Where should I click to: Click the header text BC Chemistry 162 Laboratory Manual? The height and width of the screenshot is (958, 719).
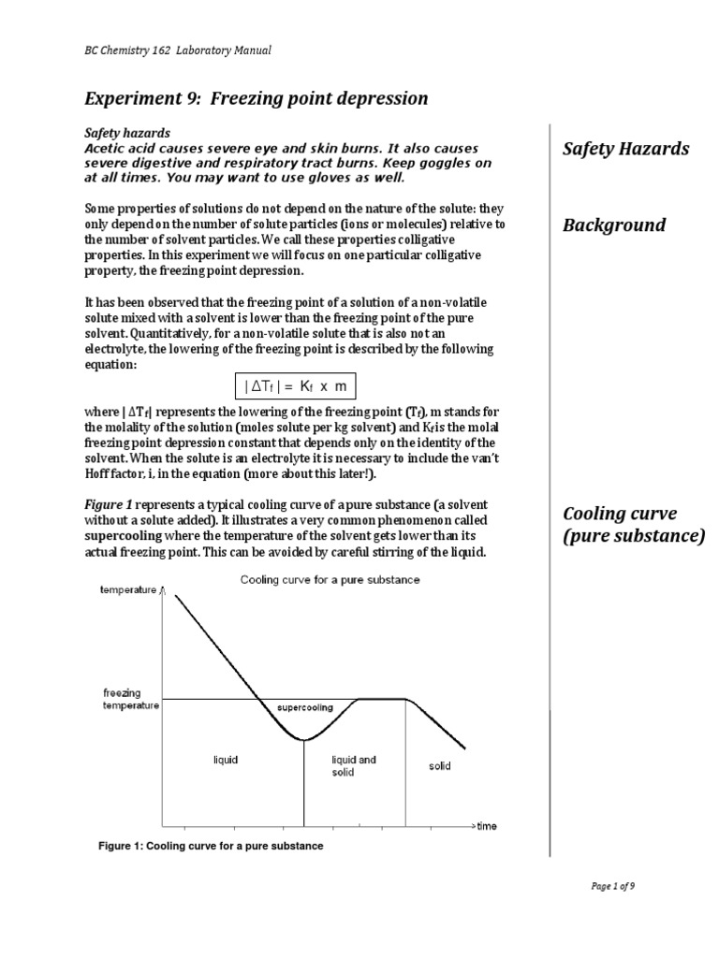click(x=178, y=51)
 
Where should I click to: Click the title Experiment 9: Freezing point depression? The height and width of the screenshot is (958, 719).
click(x=256, y=98)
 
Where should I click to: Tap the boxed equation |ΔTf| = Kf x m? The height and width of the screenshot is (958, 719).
click(x=295, y=386)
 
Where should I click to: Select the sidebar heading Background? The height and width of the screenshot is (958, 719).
click(x=613, y=225)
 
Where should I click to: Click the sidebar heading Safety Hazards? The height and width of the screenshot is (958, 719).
click(x=624, y=148)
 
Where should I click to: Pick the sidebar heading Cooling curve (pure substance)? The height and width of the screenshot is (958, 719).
click(x=633, y=525)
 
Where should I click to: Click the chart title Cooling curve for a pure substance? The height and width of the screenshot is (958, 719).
click(x=330, y=580)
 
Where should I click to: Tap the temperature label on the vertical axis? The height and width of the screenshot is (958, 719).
click(x=129, y=591)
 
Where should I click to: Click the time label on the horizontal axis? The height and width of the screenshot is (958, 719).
click(x=486, y=827)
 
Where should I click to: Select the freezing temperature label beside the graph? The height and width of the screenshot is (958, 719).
click(x=130, y=699)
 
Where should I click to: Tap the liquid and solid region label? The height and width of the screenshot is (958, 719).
click(x=354, y=765)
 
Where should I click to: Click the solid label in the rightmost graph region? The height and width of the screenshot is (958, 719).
click(x=439, y=766)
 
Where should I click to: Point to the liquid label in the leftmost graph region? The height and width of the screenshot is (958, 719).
click(x=226, y=761)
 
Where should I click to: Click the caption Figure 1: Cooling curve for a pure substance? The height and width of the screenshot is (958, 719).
click(x=211, y=846)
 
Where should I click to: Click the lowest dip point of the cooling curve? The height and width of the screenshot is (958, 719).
click(x=303, y=740)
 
